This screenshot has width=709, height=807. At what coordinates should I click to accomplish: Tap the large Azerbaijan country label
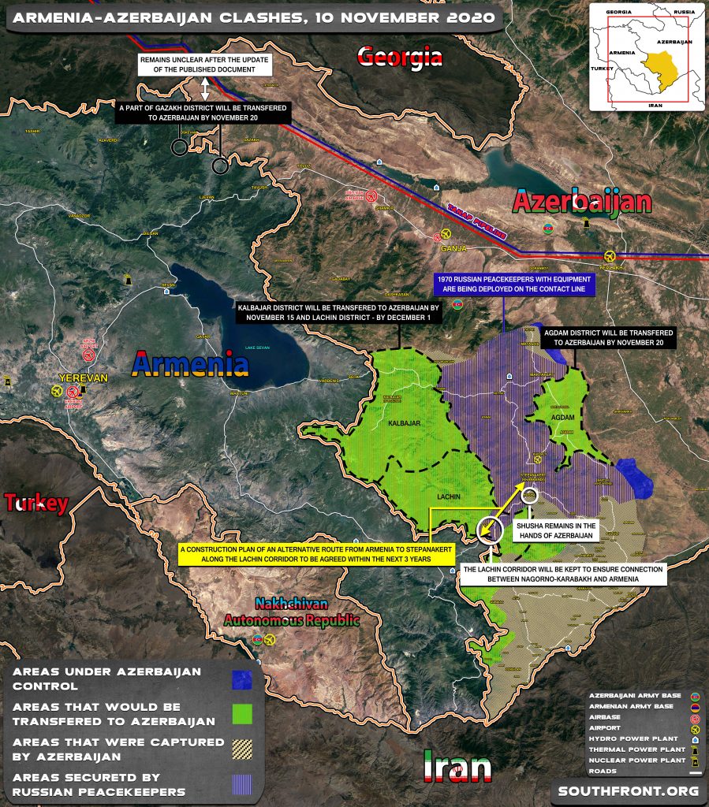pos(582,202)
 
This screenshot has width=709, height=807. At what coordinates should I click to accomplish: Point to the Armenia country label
pos(191,364)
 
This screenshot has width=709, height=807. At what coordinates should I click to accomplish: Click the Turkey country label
pos(35,503)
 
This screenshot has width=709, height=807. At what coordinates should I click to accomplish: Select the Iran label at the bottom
pos(457,768)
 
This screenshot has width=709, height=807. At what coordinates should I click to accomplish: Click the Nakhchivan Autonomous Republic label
pos(291,612)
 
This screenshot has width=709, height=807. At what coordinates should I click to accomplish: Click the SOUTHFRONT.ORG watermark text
pos(628,790)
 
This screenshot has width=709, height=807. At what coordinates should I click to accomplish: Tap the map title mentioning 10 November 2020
pos(253,17)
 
